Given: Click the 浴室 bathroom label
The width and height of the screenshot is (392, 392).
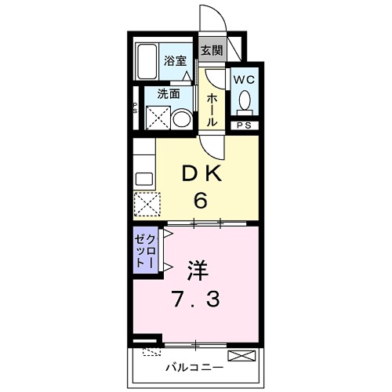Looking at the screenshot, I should tap(175, 60).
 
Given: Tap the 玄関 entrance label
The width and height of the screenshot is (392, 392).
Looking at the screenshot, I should tap(210, 50).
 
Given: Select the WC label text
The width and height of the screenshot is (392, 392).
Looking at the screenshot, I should tap(242, 79).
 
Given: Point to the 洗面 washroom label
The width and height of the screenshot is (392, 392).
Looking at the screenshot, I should tap(168, 93).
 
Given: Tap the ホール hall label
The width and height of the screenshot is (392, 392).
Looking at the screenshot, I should tap(212, 108).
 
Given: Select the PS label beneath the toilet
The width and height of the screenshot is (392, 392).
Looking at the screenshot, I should tap(243, 124).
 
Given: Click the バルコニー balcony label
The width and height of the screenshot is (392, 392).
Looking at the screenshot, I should tap(194, 367).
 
